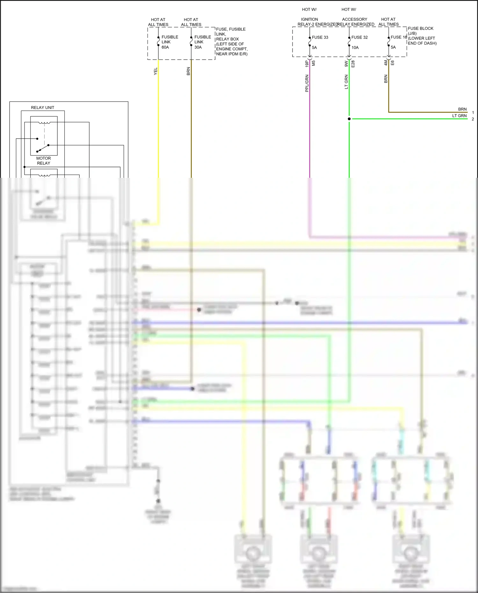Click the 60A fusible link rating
click(x=165, y=47)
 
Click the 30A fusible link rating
click(x=198, y=47)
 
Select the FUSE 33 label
click(x=320, y=37)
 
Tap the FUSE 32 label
click(x=359, y=37)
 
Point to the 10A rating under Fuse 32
click(x=355, y=47)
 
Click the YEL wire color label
click(x=156, y=71)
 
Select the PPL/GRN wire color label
click(x=307, y=83)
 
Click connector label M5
click(x=314, y=63)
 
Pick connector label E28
click(x=353, y=64)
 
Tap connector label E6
click(x=392, y=63)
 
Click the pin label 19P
click(x=307, y=63)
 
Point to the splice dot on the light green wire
click(x=349, y=119)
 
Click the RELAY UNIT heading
click(x=43, y=107)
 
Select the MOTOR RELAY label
click(x=44, y=161)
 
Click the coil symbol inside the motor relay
click(x=44, y=122)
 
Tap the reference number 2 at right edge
click(x=473, y=119)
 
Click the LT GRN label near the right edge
click(x=459, y=116)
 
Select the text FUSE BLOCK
click(x=421, y=28)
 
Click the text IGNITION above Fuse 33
click(x=309, y=19)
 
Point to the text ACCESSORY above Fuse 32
click(x=354, y=19)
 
